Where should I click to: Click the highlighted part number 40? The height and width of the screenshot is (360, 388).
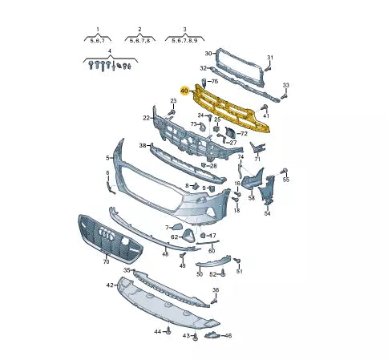[x=184, y=91]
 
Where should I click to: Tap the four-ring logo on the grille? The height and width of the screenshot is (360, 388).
[x=107, y=234]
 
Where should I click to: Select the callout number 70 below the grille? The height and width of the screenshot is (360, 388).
[x=106, y=261]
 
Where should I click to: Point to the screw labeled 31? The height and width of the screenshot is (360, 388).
[x=268, y=69]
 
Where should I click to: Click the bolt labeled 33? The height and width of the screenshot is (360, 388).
[x=284, y=96]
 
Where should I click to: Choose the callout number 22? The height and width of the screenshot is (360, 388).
[x=146, y=118]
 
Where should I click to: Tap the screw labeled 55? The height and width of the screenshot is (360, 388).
[x=285, y=171]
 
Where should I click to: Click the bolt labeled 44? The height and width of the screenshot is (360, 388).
[x=168, y=330]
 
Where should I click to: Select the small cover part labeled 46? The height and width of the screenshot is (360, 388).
[x=212, y=334]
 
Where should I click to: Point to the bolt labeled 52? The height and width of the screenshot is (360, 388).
[x=223, y=273]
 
